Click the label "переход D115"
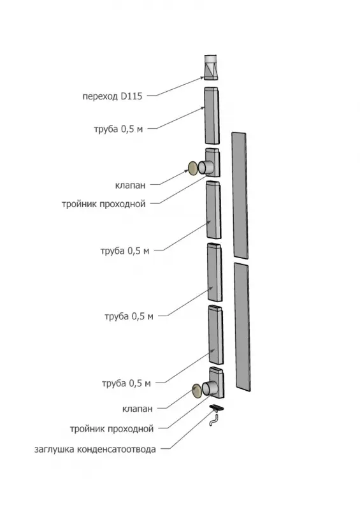click(x=112, y=96)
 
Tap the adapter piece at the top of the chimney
click(x=211, y=68)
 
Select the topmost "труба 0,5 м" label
click(x=119, y=129)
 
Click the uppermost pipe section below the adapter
click(x=212, y=115)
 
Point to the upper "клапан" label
click(x=130, y=186)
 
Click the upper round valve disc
click(x=192, y=168)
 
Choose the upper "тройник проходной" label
click(x=103, y=204)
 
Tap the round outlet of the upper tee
click(x=206, y=168)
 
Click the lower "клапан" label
click(x=137, y=409)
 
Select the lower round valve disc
click(x=197, y=390)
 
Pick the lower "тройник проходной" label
click(x=112, y=429)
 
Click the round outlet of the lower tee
click(x=210, y=389)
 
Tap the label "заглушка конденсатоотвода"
click(x=95, y=449)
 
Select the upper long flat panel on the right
click(x=240, y=195)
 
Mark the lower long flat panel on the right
click(x=242, y=327)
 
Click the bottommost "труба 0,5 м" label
click(x=126, y=384)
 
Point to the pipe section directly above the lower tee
click(x=216, y=335)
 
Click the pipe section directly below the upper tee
click(x=213, y=210)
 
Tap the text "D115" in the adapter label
click(x=131, y=96)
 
